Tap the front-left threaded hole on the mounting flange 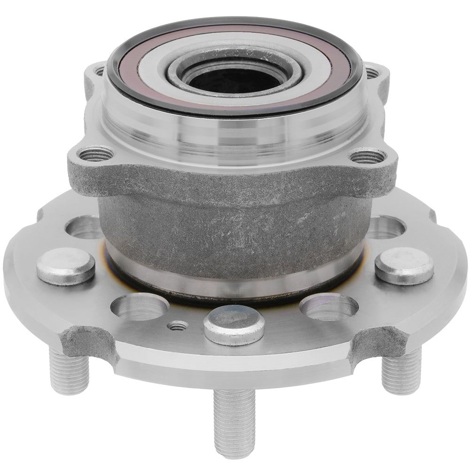click(95, 154)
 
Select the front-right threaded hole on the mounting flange click(368, 156)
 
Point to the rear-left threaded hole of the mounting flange click(99, 71)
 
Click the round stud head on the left click(66, 265)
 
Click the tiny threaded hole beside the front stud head click(177, 326)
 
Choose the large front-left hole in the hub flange click(140, 307)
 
